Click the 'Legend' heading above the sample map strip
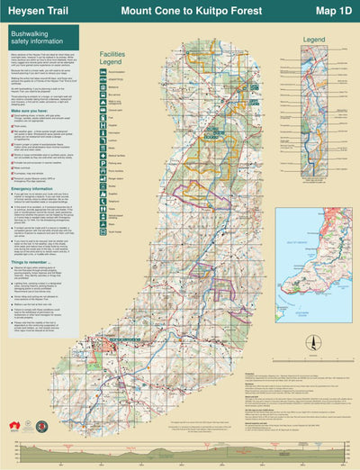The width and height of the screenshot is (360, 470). pos(314,41)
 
